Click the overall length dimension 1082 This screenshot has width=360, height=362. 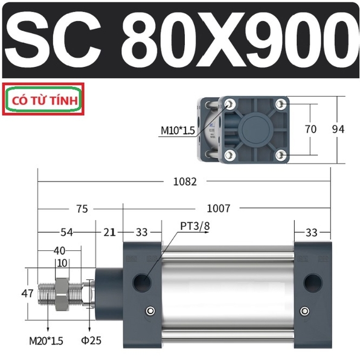point(185,182)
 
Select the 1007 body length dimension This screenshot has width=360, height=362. point(219,208)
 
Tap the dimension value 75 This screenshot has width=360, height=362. point(82,209)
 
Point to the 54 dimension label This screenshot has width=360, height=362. point(66,232)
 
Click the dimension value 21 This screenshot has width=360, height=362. point(109,232)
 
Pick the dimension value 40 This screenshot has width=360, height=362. point(59,250)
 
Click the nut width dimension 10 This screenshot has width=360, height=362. point(62,262)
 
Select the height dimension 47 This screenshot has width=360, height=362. point(27,293)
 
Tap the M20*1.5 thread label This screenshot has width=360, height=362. point(46,341)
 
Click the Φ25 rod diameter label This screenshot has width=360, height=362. point(91,340)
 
